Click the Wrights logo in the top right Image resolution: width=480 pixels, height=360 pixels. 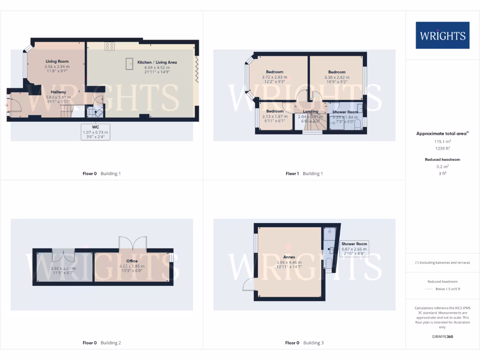pos(442,35)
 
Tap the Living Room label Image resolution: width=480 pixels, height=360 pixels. pos(57,61)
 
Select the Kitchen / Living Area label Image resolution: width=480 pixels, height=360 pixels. pos(157,62)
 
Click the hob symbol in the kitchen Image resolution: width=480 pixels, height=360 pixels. pos(109,46)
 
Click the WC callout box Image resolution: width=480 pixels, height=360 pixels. pos(96,132)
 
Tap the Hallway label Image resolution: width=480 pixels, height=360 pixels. pos(59,92)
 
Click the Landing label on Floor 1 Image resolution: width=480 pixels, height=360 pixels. pos(310,111)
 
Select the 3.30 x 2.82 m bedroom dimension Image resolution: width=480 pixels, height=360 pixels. pos(337,77)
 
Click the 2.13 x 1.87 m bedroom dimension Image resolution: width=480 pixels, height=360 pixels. pos(275,116)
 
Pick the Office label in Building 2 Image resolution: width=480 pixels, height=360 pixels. pos(132,261)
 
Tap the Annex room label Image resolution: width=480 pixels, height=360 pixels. pos(289,257)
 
